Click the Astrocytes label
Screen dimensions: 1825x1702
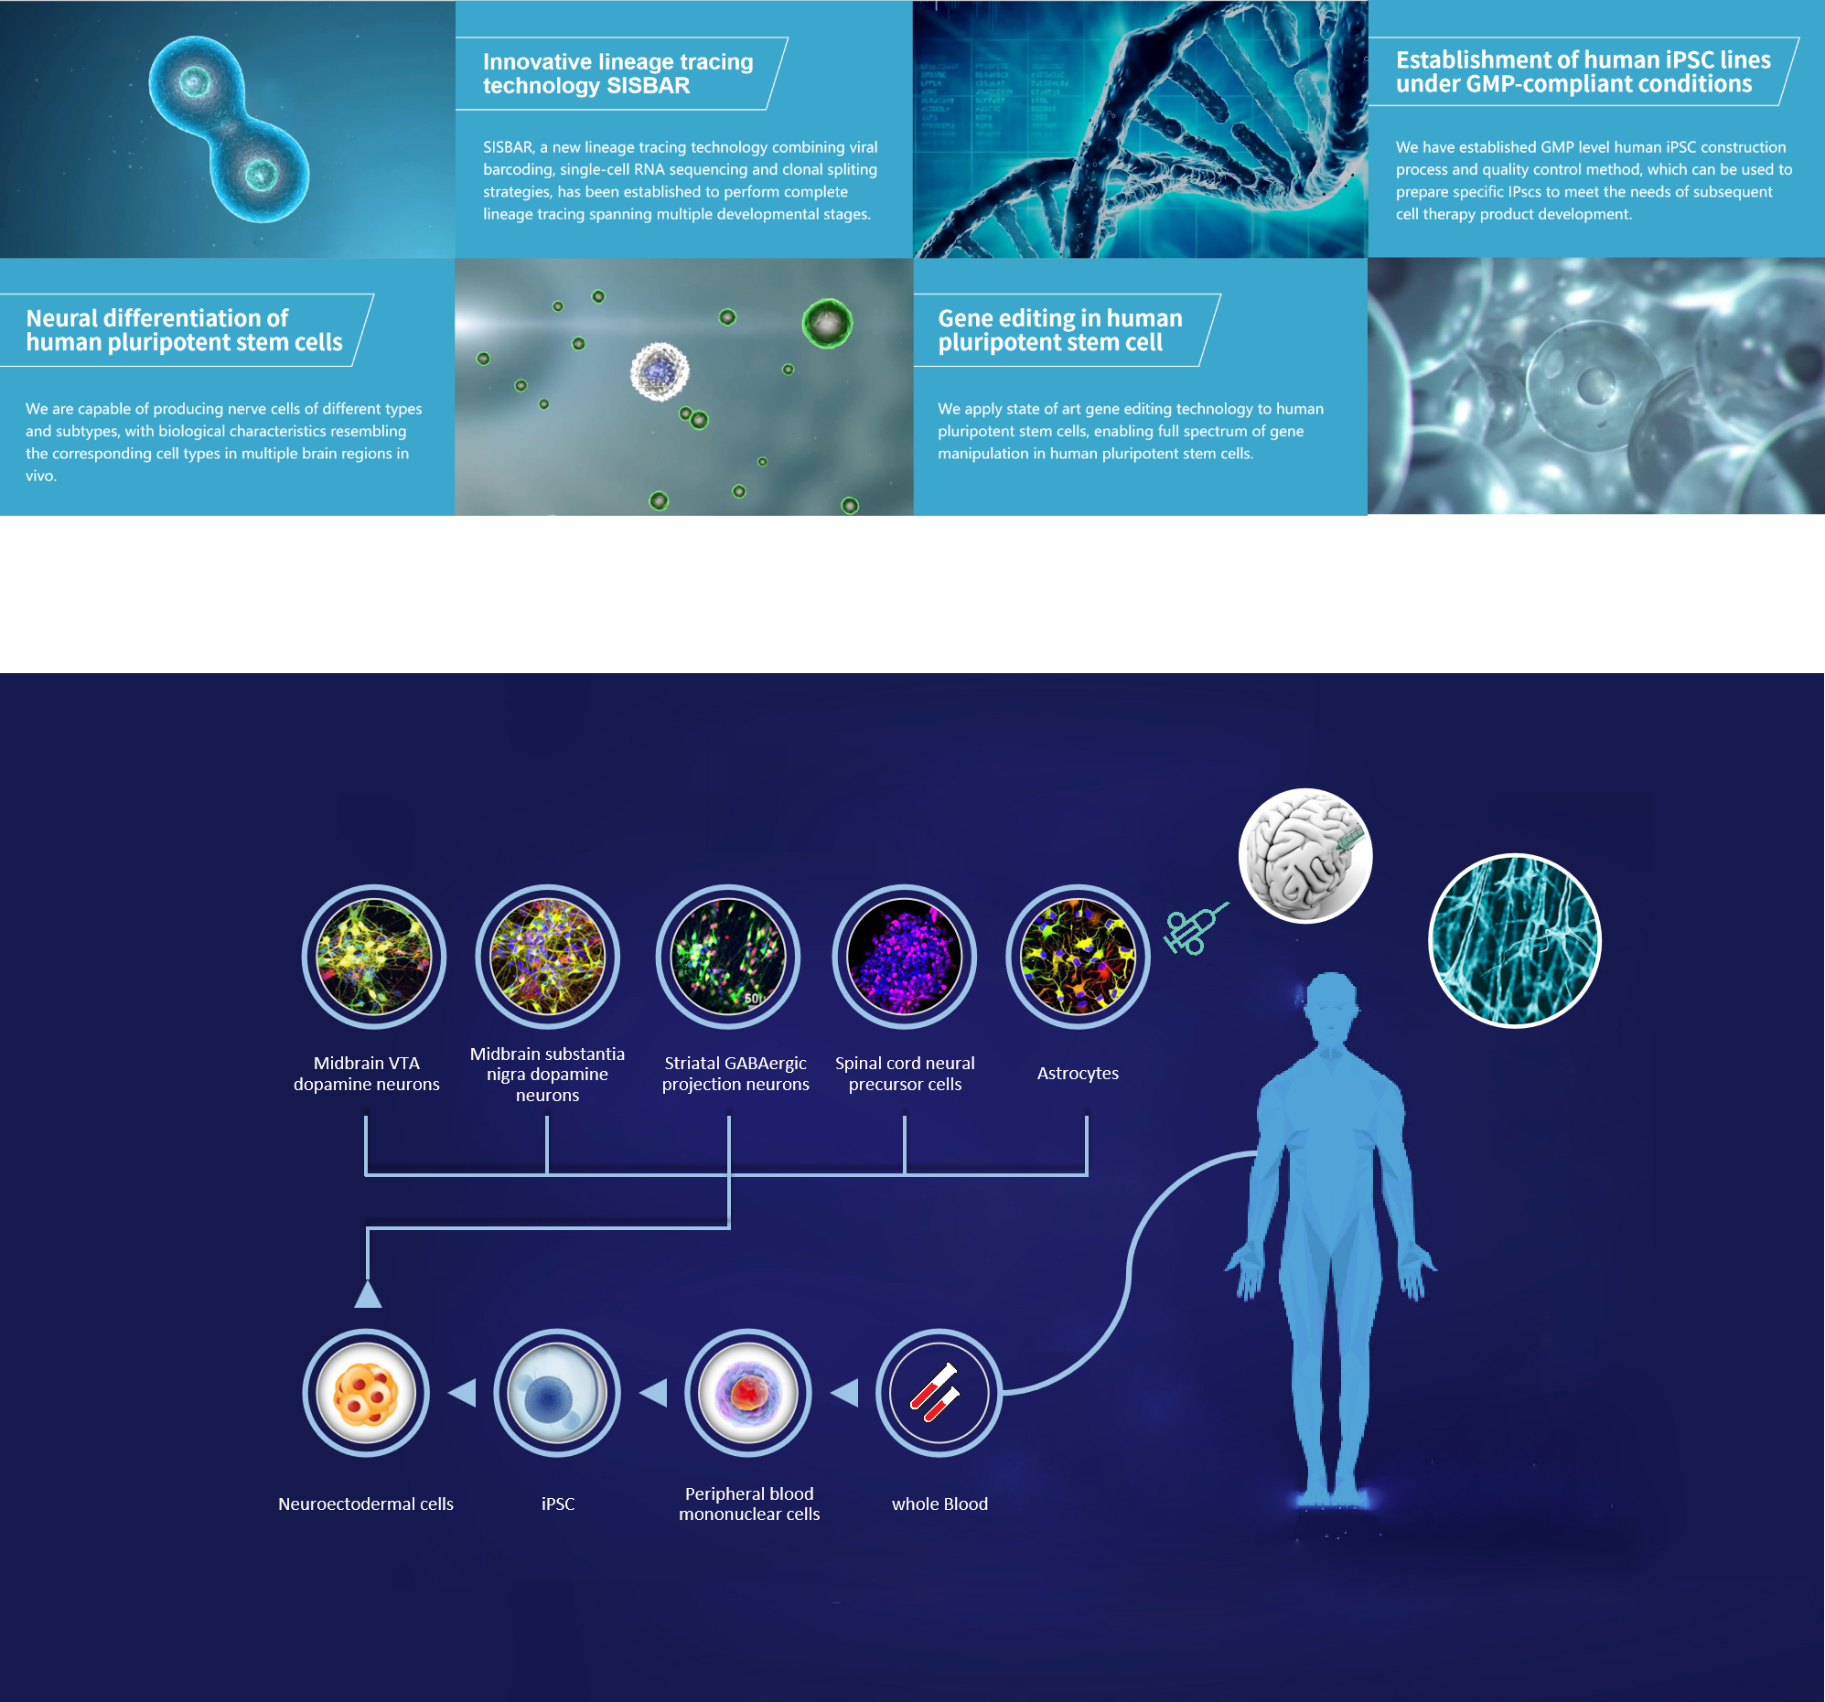coord(1078,1073)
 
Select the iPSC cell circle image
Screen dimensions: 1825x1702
coord(557,1393)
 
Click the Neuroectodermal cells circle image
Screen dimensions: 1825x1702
coord(366,1393)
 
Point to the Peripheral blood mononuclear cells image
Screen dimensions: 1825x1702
coord(748,1393)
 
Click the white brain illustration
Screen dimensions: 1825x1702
coord(1304,856)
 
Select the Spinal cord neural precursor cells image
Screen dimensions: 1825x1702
coord(904,957)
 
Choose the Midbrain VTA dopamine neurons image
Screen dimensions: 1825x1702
coord(373,957)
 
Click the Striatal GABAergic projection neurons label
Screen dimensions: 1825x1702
coord(735,1073)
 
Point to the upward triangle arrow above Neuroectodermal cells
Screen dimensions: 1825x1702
coord(368,1293)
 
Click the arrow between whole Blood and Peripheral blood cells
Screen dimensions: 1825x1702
coord(844,1393)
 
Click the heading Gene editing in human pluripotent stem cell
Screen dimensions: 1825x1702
coord(1059,329)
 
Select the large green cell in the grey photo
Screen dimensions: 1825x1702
coord(827,322)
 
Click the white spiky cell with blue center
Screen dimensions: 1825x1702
coord(660,372)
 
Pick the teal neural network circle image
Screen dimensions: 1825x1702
coord(1515,940)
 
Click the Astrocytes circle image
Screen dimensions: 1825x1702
coord(1078,957)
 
